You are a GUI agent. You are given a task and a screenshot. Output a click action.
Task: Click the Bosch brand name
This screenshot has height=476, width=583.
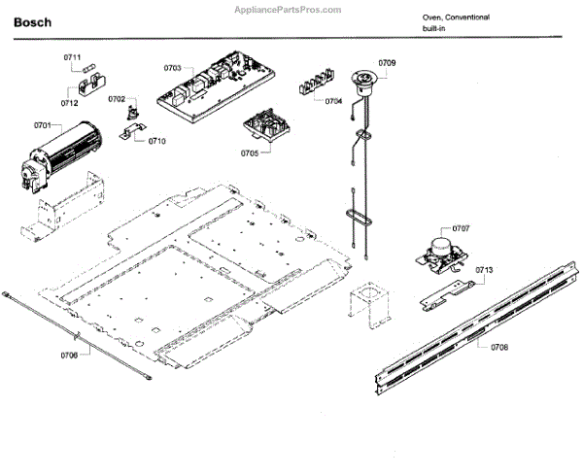coord(33,21)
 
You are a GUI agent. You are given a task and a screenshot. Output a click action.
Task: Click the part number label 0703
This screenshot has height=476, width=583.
coord(172,68)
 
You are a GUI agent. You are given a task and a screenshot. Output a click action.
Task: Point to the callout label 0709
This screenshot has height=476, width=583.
coord(387,63)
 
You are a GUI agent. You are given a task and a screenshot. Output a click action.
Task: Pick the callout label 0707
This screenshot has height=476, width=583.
coord(461,228)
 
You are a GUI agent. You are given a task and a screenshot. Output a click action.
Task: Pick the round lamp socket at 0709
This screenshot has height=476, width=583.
coord(365,78)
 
